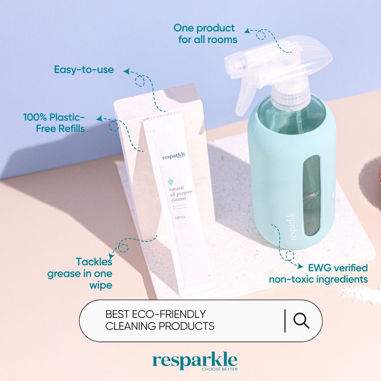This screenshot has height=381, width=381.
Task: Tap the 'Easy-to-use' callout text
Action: (x=84, y=70)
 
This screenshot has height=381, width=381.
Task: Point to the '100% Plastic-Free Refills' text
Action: (x=54, y=123)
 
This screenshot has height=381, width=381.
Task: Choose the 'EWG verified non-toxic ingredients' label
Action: (x=318, y=274)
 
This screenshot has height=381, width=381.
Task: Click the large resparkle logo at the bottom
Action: (x=195, y=361)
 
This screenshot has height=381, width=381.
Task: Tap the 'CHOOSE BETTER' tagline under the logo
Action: (x=219, y=369)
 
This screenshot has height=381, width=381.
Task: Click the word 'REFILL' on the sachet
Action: (x=180, y=217)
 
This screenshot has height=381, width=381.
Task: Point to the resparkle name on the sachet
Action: (x=174, y=157)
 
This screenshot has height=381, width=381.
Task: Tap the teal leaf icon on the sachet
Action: (x=170, y=181)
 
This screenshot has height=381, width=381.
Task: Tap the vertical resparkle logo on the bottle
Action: (x=292, y=226)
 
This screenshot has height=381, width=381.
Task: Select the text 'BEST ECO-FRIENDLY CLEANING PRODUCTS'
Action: (x=160, y=320)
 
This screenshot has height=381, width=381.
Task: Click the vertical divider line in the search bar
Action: (x=285, y=321)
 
